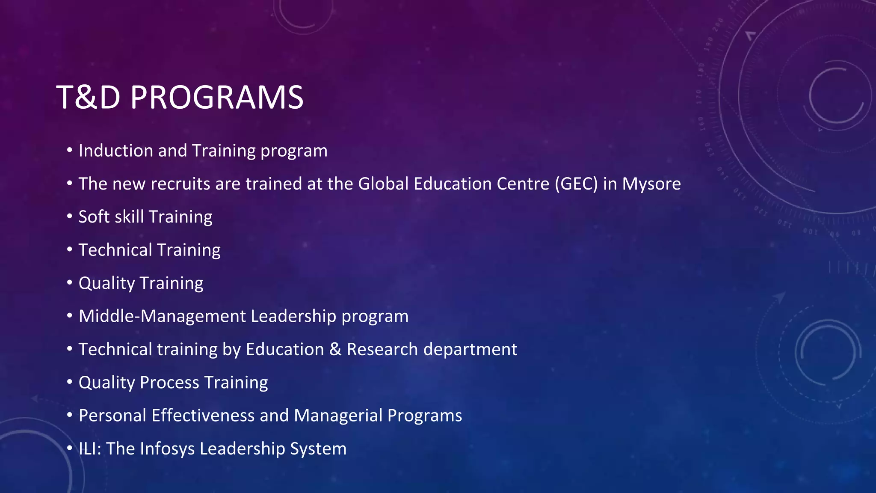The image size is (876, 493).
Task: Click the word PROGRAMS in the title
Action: (x=217, y=98)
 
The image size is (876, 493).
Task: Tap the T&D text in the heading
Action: (x=88, y=98)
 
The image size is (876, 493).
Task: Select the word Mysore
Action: (x=651, y=184)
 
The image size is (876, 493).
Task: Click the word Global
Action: (x=383, y=184)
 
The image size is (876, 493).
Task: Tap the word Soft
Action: (x=94, y=217)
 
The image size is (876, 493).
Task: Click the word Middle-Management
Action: (x=162, y=316)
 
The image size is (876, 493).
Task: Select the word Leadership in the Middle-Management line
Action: (x=293, y=316)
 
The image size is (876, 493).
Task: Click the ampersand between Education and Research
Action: (x=335, y=349)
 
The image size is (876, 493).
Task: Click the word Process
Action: (x=169, y=383)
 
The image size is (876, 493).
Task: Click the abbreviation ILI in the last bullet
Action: (x=88, y=449)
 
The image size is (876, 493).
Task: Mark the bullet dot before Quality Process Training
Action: (x=69, y=382)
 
